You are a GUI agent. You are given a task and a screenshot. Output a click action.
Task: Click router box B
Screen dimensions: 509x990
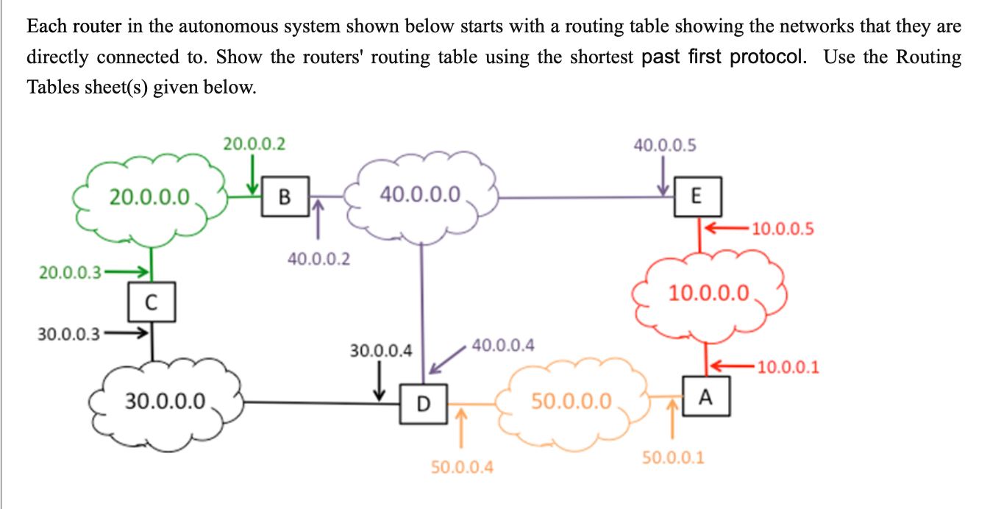(x=284, y=196)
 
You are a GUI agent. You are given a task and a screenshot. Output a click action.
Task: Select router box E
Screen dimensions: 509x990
(x=697, y=196)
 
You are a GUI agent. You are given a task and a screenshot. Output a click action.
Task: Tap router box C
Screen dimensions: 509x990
(x=152, y=302)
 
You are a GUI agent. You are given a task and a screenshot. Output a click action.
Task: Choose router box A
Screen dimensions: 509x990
(x=705, y=397)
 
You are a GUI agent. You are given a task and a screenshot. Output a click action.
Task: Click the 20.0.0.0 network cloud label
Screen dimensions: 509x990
(x=150, y=196)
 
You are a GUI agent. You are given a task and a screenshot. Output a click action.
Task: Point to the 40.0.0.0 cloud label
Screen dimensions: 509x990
(x=421, y=195)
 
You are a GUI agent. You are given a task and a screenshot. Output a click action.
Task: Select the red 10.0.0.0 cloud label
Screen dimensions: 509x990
(x=709, y=294)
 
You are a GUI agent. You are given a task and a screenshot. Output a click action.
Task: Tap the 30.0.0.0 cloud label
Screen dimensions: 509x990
(x=165, y=402)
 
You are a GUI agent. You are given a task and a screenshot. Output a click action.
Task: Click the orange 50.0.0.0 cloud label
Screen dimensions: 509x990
(x=571, y=402)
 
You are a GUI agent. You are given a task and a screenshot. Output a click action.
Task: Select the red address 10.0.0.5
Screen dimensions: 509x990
(x=783, y=229)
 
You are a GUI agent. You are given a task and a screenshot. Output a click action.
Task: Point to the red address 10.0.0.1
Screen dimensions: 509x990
(x=788, y=366)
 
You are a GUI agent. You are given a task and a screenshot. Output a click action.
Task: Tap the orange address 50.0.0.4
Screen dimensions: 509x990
(x=462, y=467)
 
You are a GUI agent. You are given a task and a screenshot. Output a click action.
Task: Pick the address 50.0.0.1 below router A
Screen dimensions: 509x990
(x=673, y=458)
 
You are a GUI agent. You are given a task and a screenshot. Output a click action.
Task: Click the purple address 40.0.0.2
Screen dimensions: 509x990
(x=318, y=259)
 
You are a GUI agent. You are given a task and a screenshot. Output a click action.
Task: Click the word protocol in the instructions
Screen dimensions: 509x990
(x=767, y=57)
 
